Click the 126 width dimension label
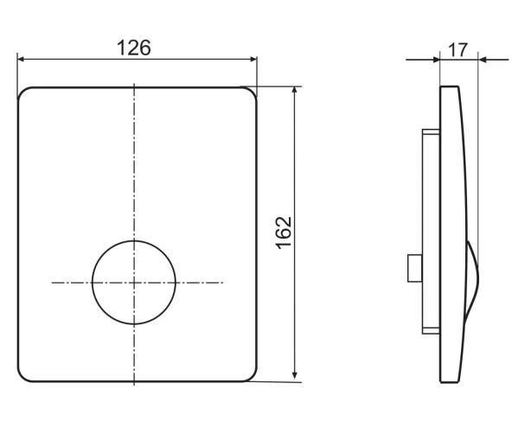[134, 48]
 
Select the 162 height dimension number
[284, 233]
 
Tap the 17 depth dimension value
[457, 50]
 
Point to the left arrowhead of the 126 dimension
[21, 60]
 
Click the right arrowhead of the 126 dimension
[253, 60]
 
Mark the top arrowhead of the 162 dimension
[295, 91]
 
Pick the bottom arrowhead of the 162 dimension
[295, 374]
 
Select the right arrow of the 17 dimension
[494, 60]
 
